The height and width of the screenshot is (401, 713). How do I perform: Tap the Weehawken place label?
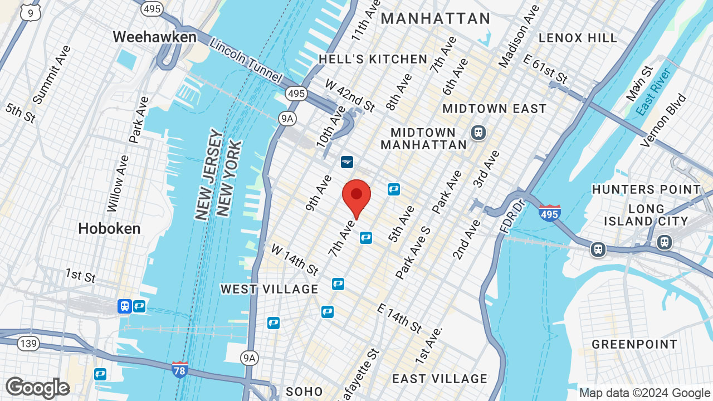[154, 37]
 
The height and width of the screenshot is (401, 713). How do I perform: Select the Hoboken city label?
[109, 228]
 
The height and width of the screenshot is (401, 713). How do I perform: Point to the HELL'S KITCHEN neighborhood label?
[373, 59]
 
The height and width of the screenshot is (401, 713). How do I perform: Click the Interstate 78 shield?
[179, 370]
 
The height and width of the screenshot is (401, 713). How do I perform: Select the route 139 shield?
[28, 343]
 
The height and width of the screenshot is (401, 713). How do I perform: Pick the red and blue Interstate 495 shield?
[549, 213]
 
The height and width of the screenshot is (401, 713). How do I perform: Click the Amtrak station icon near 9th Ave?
[347, 162]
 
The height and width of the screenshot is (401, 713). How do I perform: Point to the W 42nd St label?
[350, 95]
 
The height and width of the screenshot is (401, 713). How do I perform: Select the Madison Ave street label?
[519, 37]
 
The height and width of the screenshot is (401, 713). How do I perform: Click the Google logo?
[37, 388]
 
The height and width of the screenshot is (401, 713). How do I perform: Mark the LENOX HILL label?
[578, 38]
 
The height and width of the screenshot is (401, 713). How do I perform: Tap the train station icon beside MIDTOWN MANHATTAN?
[478, 133]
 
